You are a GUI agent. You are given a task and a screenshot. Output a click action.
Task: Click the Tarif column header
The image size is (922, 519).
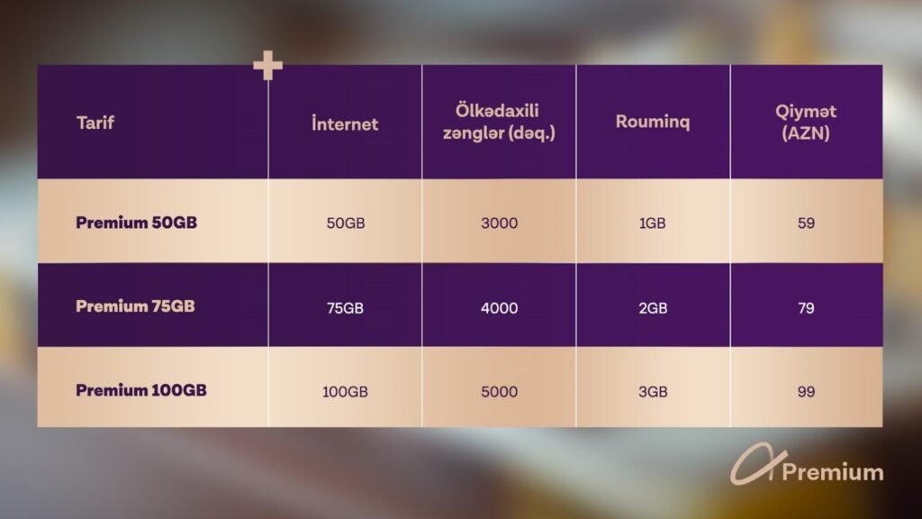click(x=95, y=123)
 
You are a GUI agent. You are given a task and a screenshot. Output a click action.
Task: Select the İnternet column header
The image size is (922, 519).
click(x=345, y=123)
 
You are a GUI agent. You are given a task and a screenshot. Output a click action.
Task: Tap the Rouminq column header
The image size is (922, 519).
click(x=653, y=122)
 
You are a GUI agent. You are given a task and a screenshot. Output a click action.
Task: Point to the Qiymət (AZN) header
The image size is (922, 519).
click(x=806, y=123)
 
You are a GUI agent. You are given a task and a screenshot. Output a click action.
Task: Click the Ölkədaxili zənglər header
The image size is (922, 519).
click(x=499, y=122)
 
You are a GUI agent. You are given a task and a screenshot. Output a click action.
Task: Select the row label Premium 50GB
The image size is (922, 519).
click(x=137, y=223)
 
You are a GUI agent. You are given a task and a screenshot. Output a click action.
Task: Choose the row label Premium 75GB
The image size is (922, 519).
click(x=135, y=306)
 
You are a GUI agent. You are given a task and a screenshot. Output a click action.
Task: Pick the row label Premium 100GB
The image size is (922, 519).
click(x=141, y=390)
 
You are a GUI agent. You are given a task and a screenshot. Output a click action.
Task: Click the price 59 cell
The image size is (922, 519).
click(x=806, y=223)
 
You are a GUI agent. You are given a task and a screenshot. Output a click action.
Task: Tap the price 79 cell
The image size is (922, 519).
click(x=806, y=308)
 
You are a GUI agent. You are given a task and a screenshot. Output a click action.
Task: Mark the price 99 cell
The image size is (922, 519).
click(x=806, y=392)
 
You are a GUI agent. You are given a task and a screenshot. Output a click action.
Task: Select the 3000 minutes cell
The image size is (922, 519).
click(x=499, y=223)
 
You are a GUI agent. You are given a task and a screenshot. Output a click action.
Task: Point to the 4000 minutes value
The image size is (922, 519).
click(x=499, y=308)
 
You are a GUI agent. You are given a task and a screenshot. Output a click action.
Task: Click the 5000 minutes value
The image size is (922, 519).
click(x=499, y=392)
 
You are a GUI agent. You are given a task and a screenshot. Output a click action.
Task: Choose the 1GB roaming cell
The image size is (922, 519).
click(x=653, y=223)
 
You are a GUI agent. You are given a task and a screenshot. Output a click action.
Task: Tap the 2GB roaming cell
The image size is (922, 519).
click(x=653, y=308)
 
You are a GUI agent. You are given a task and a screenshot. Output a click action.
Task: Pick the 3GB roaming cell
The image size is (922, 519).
click(x=653, y=392)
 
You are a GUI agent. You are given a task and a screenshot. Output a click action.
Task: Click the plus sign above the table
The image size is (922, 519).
click(x=267, y=65)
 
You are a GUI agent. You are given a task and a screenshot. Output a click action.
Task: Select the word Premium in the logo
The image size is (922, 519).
click(x=833, y=472)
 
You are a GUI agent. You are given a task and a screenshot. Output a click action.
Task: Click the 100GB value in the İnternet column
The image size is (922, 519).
click(x=345, y=392)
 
